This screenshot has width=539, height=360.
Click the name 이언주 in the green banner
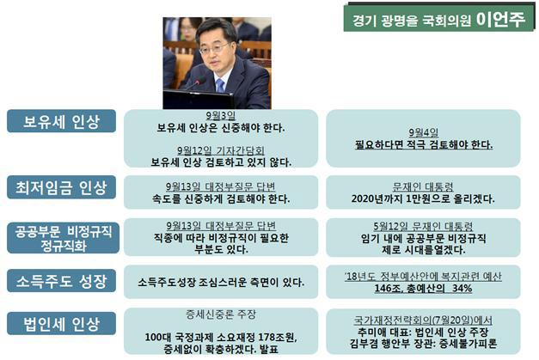[x=500, y=19]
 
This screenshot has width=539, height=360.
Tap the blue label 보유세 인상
[x=61, y=121]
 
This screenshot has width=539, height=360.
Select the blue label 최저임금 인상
[x=61, y=187]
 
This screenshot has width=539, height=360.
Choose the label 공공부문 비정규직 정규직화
[x=63, y=238]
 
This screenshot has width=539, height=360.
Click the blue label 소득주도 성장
[x=61, y=281]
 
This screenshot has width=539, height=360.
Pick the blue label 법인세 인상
[x=61, y=323]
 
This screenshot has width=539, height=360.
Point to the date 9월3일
[x=221, y=116]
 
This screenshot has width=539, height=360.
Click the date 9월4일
[x=423, y=132]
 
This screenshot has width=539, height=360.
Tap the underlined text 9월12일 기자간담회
[x=221, y=150]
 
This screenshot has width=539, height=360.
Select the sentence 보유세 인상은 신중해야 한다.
[x=221, y=128]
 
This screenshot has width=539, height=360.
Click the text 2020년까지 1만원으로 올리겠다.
[x=423, y=198]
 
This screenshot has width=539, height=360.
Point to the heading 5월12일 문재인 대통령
[x=423, y=226]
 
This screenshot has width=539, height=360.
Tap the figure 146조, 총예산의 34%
[x=423, y=288]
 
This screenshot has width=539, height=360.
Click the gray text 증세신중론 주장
[x=221, y=314]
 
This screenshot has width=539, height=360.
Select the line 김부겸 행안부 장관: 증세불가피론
[x=423, y=344]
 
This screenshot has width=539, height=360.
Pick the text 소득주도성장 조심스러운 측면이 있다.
[x=221, y=283]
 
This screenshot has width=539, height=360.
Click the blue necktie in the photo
[x=220, y=85]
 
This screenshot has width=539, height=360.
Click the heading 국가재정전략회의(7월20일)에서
[x=423, y=320]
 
